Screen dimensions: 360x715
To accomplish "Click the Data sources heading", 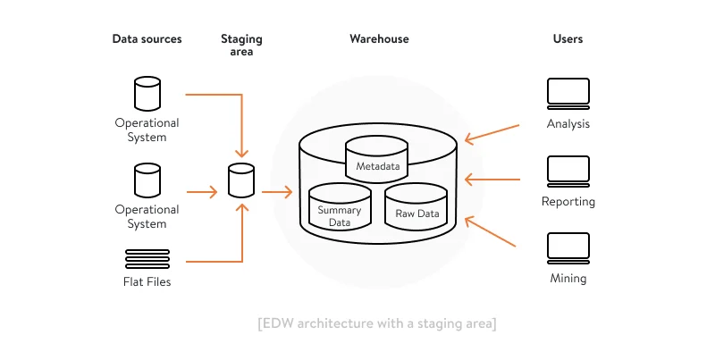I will (147, 39).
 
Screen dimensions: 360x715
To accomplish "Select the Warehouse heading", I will (379, 39).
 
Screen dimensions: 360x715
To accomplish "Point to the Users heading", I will (568, 39).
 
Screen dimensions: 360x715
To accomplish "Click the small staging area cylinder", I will (240, 180).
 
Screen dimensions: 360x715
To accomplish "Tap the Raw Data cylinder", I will (416, 207).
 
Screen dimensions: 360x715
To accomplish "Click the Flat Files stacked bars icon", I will (147, 258).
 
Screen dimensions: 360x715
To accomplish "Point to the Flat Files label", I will (147, 282).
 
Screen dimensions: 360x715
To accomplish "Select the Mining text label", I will (568, 279).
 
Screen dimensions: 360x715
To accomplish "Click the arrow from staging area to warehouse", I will (277, 192).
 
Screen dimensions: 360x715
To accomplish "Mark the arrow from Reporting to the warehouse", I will (492, 180).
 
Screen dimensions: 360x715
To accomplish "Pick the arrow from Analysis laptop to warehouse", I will (492, 132).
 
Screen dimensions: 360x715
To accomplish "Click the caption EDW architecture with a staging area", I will (376, 322).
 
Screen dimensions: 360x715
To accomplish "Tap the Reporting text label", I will (568, 202).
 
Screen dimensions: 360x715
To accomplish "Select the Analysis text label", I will (568, 124).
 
